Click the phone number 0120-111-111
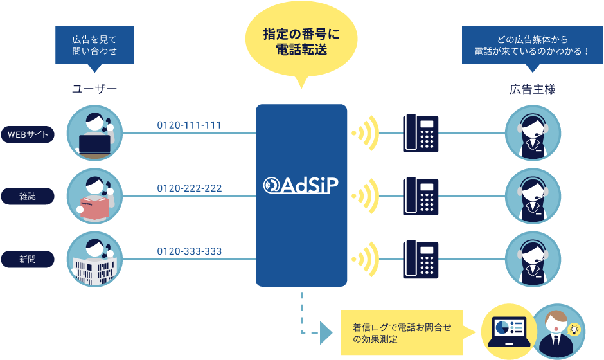[x=190, y=125]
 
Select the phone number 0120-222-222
[x=190, y=188]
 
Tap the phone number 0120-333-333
[x=190, y=251]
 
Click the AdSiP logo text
[x=301, y=184]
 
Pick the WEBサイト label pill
[x=28, y=135]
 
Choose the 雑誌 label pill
[x=28, y=197]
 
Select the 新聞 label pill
[x=28, y=260]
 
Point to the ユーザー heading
[x=94, y=89]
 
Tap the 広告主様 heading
[x=532, y=89]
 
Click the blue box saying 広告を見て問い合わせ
[x=94, y=45]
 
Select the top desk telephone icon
[x=421, y=133]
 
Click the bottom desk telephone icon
[x=421, y=259]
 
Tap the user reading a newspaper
[x=94, y=259]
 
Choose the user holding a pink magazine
[x=94, y=197]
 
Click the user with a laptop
[x=94, y=134]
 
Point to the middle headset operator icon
[x=533, y=197]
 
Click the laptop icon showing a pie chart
[x=508, y=330]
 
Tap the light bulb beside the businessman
[x=575, y=330]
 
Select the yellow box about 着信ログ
[x=402, y=332]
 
